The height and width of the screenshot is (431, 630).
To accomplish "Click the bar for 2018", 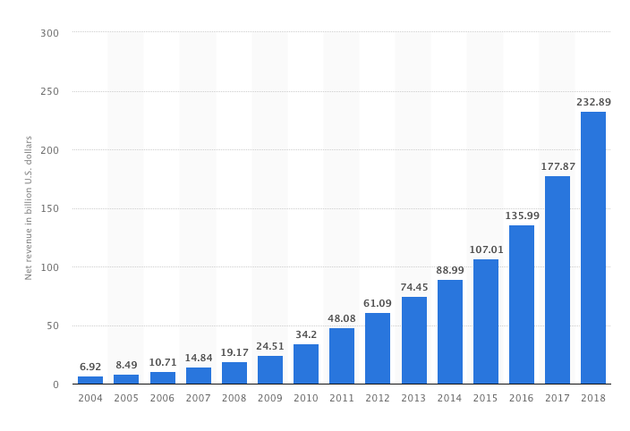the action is [x=593, y=248].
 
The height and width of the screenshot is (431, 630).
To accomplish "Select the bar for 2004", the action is [x=90, y=380].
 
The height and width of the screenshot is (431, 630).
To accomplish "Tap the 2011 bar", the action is [x=342, y=356].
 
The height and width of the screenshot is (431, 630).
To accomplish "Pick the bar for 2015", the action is [x=486, y=321].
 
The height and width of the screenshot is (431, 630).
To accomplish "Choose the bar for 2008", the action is [x=234, y=373].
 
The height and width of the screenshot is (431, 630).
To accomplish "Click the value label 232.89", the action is [x=593, y=102].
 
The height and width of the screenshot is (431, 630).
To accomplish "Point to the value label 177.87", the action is [x=558, y=166].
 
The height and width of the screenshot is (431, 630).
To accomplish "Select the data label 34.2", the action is [x=306, y=334].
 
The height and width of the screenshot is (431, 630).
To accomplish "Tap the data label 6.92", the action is [x=90, y=367].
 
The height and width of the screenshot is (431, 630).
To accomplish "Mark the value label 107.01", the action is [x=486, y=249].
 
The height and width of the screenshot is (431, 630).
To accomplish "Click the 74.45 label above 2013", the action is [x=414, y=287].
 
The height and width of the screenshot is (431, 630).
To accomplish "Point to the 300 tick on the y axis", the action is [x=49, y=33].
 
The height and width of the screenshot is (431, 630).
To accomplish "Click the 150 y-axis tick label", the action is [x=49, y=208].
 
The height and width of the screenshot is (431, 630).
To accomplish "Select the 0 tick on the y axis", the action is [x=55, y=385].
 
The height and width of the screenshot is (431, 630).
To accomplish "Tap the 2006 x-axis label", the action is [x=162, y=398].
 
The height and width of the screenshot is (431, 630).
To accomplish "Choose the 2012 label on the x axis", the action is [x=378, y=398].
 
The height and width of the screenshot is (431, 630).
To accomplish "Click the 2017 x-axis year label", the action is [x=558, y=398].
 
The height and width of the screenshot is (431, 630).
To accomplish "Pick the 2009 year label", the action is [x=270, y=398].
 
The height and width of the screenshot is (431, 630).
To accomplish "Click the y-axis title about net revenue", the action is [x=28, y=207].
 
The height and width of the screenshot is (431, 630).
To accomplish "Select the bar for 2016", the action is [x=522, y=305].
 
